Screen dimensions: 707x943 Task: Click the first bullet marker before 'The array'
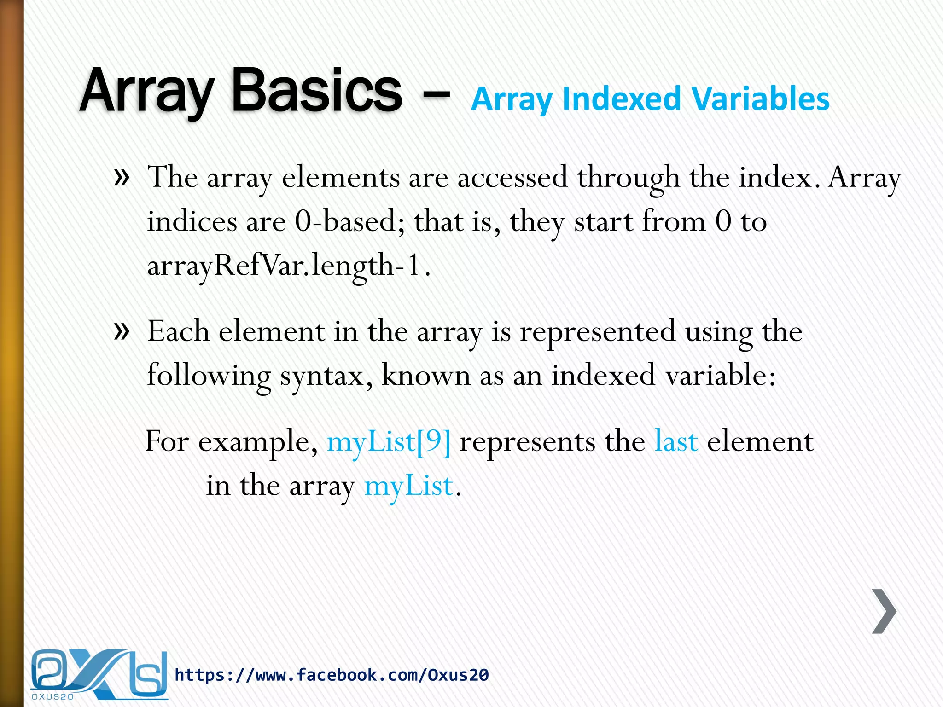pos(122,177)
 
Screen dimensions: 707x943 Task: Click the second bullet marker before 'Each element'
pos(122,330)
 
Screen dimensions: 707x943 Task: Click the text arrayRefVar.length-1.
pos(289,266)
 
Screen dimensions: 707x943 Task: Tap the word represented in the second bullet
pos(597,331)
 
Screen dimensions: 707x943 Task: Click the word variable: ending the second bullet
pos(721,375)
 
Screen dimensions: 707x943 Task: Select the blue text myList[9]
pos(389,441)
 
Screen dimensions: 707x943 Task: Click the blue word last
pos(676,441)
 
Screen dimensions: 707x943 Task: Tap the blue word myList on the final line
pos(408,486)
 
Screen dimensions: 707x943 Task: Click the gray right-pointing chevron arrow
pos(884,611)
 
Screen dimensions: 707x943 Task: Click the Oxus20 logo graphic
pos(99,674)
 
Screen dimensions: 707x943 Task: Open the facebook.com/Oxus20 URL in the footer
pos(332,675)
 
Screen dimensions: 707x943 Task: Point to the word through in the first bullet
pos(628,178)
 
